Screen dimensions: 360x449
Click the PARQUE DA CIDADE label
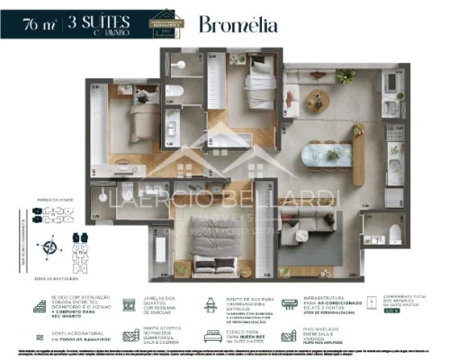[x=49, y=200]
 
